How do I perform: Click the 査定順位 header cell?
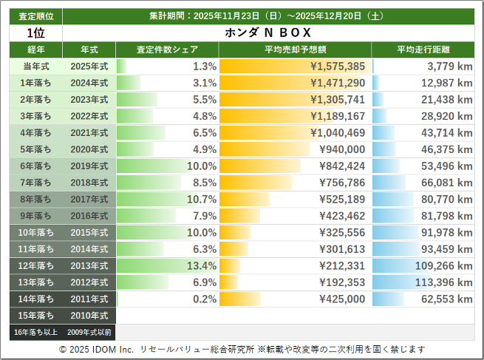35,16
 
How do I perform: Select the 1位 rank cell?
35,33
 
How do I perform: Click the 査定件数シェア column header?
167,50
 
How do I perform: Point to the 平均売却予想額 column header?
294,50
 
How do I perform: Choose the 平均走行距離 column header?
423,50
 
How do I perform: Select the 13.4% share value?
201,265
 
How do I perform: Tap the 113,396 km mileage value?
443,282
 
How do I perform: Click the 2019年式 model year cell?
89,166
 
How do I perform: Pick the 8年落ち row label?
35,200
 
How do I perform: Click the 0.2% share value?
204,299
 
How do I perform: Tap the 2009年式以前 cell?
89,333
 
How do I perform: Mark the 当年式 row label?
35,67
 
